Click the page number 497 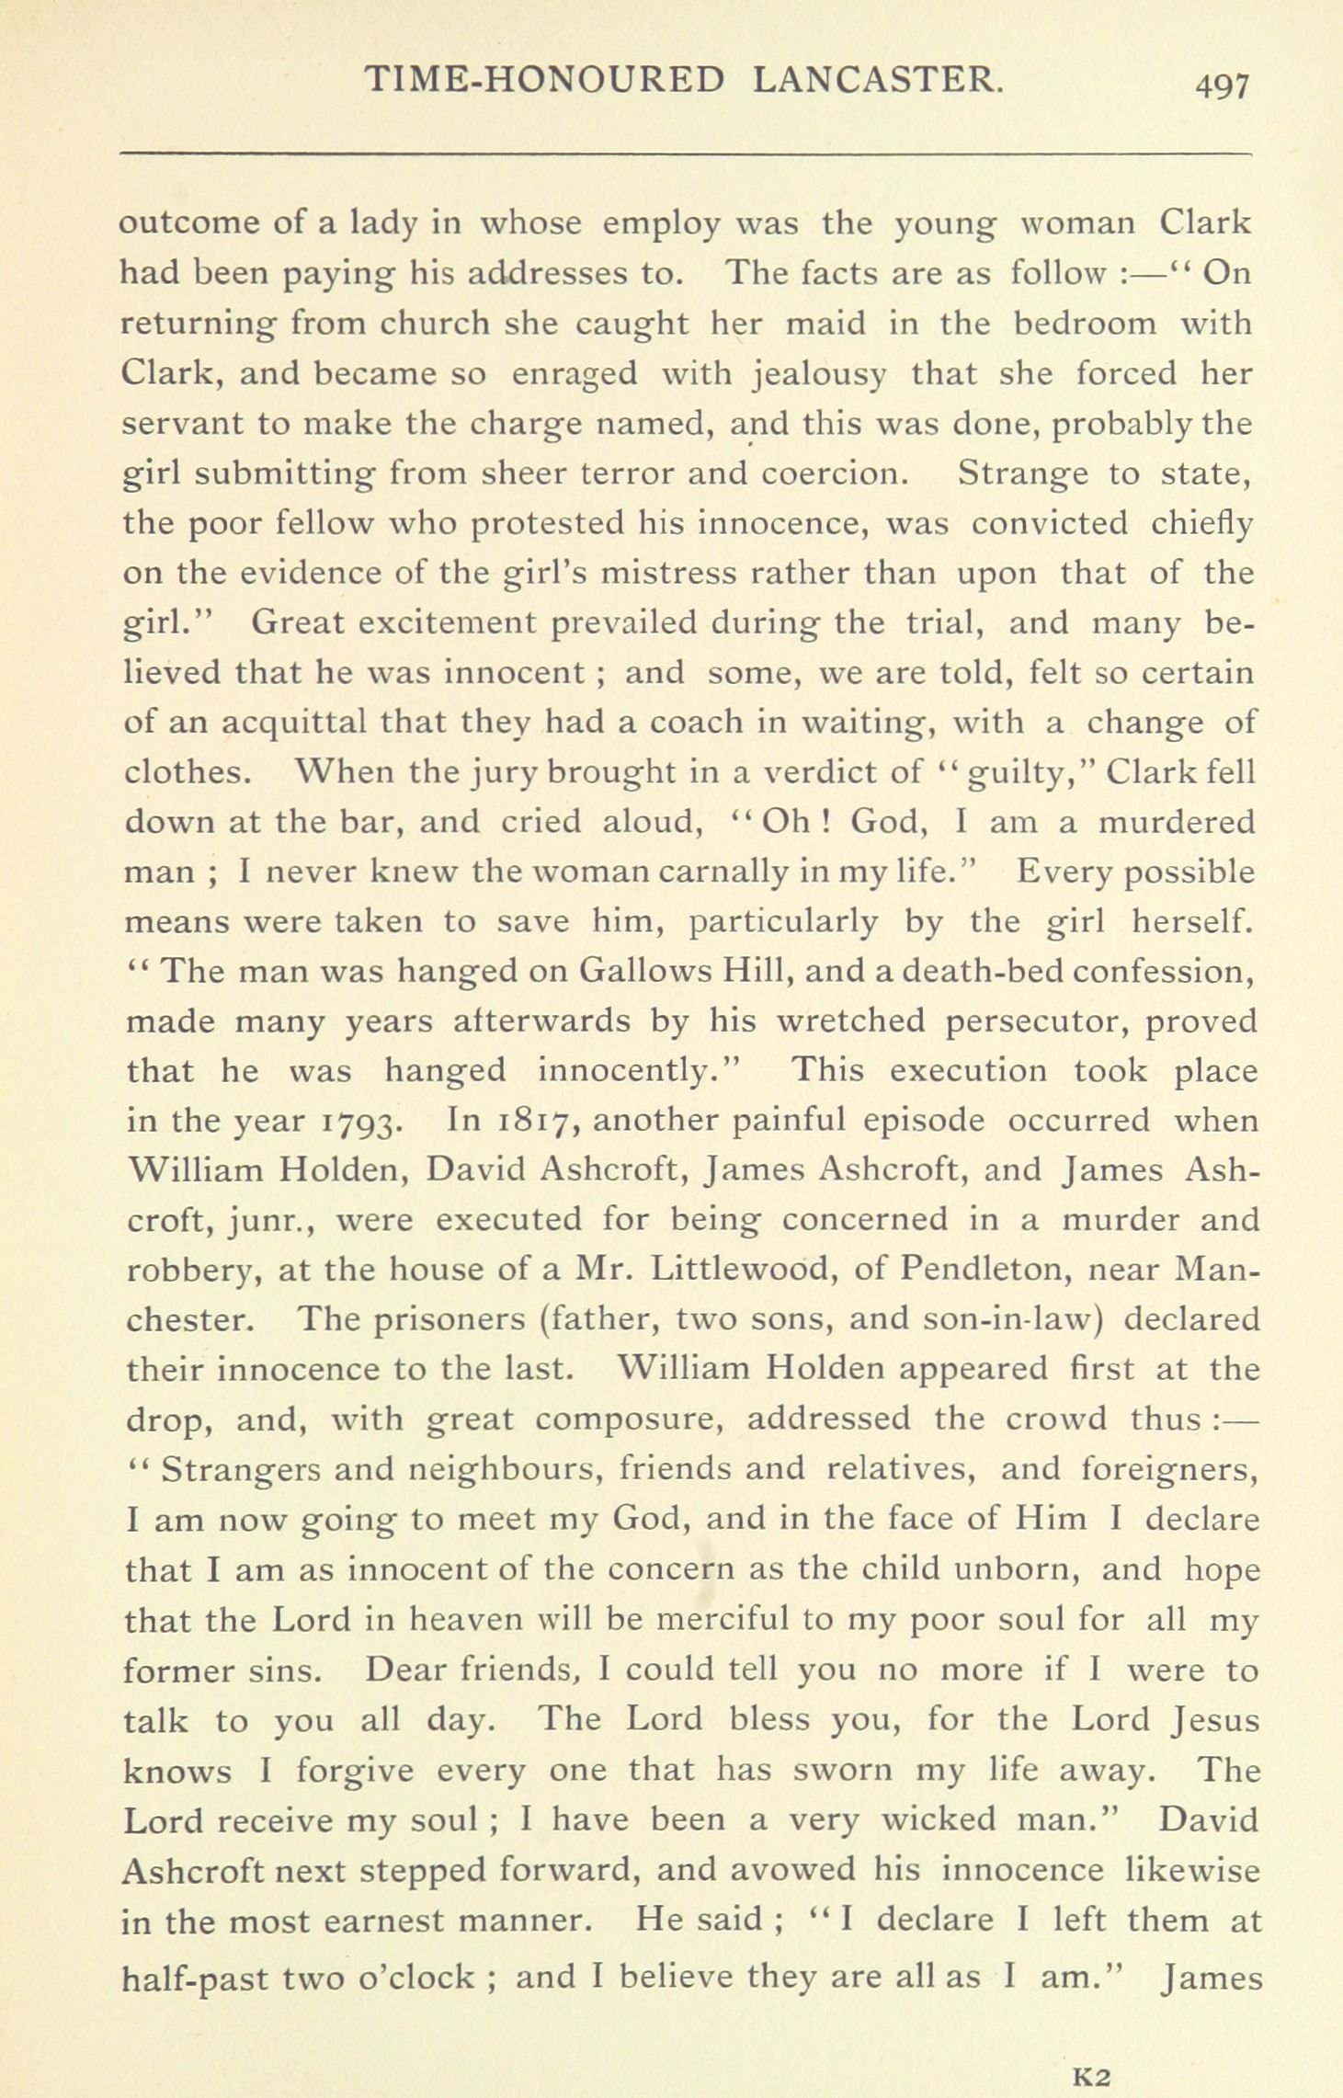(1222, 86)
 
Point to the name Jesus (1215, 1719)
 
